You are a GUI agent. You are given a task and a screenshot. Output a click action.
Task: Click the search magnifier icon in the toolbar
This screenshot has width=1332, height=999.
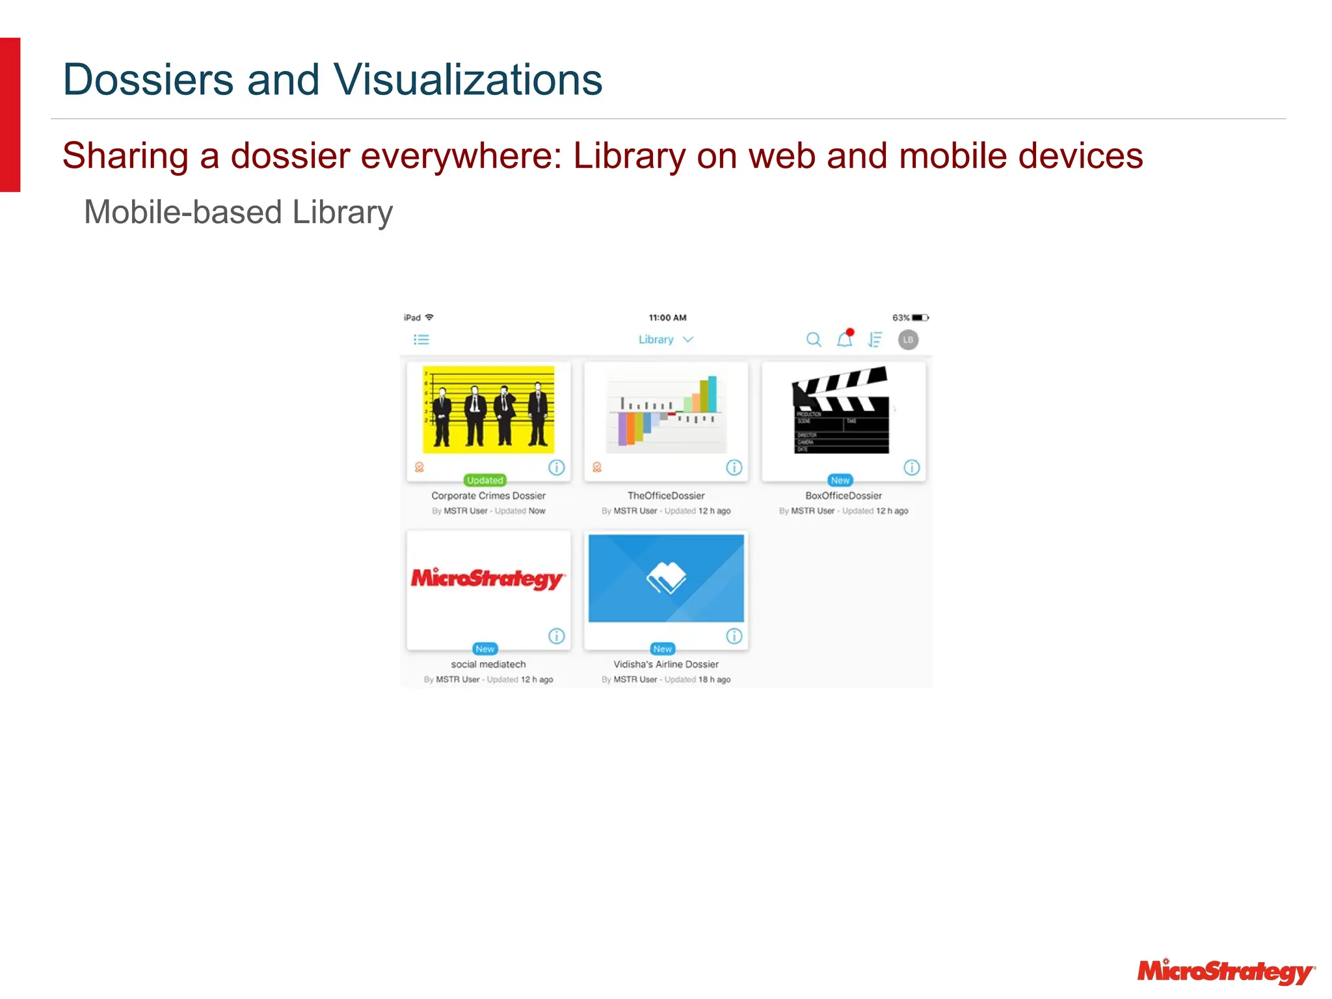813,340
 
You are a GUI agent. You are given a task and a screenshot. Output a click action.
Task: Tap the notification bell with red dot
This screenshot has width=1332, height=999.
845,339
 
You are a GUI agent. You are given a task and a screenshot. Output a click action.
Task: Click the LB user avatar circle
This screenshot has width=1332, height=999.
908,340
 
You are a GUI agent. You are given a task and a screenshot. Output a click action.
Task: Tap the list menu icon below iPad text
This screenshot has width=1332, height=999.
421,340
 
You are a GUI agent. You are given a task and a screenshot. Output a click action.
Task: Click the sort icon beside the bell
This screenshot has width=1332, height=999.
875,340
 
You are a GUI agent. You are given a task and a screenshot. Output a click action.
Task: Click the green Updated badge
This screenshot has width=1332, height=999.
485,480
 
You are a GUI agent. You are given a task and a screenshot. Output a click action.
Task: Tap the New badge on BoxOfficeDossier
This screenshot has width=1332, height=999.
840,480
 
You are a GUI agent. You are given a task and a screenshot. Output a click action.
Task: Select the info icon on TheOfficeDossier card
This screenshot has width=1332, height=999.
734,467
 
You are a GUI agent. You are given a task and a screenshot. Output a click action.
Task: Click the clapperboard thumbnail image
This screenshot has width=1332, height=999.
840,410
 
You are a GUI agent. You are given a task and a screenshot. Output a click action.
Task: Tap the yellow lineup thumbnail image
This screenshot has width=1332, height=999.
488,410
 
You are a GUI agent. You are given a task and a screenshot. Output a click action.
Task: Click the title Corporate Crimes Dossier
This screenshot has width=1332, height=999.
488,496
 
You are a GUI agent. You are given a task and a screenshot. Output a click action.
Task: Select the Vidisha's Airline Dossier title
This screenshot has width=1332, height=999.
666,664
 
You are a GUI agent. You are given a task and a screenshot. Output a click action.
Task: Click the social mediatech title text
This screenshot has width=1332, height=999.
488,664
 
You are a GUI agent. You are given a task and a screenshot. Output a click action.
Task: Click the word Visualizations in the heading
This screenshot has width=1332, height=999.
468,79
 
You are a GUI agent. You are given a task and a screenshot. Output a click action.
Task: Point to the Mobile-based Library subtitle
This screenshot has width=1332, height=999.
238,212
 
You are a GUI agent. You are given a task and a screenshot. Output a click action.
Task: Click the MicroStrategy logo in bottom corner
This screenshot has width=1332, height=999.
1225,972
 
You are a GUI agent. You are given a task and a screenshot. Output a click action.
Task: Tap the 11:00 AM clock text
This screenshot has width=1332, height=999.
667,317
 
